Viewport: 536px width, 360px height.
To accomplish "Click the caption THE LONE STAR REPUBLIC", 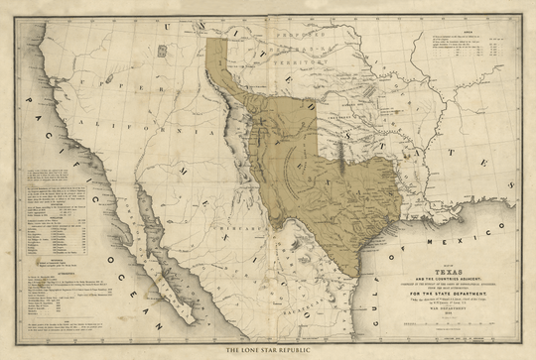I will coord(268,350).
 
